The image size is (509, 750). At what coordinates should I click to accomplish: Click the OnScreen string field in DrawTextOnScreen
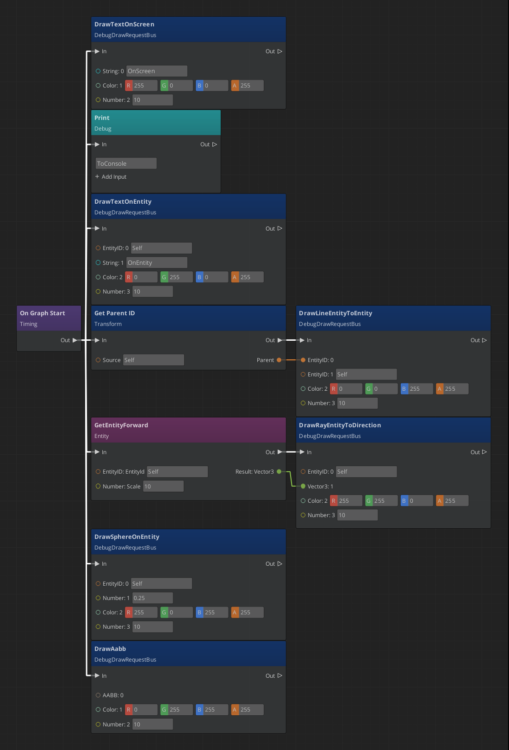[x=156, y=71]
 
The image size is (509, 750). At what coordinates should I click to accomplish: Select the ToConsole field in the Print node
[x=126, y=163]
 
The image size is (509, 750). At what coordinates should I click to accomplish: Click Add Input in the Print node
[x=111, y=177]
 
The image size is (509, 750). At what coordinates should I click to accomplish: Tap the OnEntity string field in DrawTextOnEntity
[x=156, y=262]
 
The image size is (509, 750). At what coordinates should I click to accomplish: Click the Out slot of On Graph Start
[x=74, y=340]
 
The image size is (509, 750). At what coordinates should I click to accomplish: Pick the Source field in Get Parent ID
[x=153, y=360]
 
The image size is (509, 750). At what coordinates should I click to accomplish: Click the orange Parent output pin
[x=279, y=360]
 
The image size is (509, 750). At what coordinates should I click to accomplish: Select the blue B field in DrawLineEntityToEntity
[x=416, y=389]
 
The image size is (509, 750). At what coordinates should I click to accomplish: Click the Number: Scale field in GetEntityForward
[x=163, y=486]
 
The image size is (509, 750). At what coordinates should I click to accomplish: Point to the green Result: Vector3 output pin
[x=279, y=472]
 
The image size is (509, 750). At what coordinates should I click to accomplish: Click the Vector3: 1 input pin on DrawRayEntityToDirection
[x=303, y=486]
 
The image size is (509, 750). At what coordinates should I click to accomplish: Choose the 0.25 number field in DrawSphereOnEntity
[x=152, y=598]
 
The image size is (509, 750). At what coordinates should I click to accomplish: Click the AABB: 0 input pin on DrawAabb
[x=98, y=695]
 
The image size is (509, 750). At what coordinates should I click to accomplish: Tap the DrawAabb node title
[x=110, y=649]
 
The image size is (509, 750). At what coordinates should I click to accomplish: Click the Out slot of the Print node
[x=214, y=144]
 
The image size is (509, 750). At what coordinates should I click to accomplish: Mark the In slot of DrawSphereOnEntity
[x=97, y=564]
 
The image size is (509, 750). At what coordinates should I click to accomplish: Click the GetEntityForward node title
[x=121, y=425]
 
